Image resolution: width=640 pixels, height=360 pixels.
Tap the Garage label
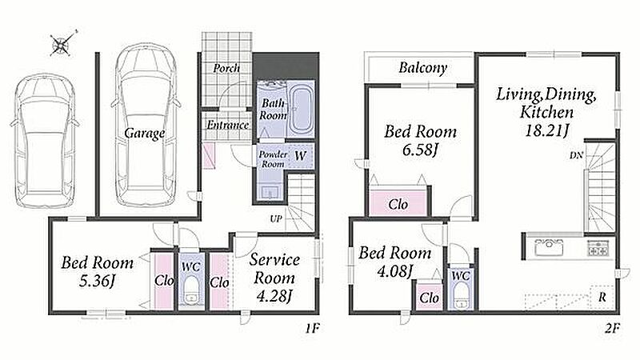coord(145,133)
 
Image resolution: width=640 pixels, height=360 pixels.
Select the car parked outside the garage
coord(45,141)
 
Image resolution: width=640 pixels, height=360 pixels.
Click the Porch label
coord(226,68)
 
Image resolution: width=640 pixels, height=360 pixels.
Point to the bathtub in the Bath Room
coord(301,109)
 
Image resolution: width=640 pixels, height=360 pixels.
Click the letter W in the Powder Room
coord(300,155)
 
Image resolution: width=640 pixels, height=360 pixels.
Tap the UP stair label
coord(276,218)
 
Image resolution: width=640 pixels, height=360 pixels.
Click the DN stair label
coord(576,155)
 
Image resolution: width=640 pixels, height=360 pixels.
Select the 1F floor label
coord(312,328)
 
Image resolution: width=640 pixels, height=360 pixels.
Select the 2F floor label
coord(612,328)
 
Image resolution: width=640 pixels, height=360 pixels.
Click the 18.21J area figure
coord(547,131)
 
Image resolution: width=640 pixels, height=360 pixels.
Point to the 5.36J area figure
coord(97,282)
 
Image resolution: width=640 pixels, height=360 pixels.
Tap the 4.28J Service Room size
coord(274,296)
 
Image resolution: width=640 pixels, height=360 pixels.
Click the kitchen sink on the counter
coord(549,247)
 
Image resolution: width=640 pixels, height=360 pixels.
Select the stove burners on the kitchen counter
coord(598,248)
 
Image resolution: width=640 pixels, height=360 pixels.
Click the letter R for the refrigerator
coord(602,298)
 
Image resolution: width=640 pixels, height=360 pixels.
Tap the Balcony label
coord(423,68)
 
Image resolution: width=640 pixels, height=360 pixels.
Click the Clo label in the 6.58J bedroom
coord(398,204)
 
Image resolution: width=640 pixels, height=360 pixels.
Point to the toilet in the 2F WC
coord(461,296)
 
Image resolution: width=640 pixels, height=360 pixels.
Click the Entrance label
coord(228,125)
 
